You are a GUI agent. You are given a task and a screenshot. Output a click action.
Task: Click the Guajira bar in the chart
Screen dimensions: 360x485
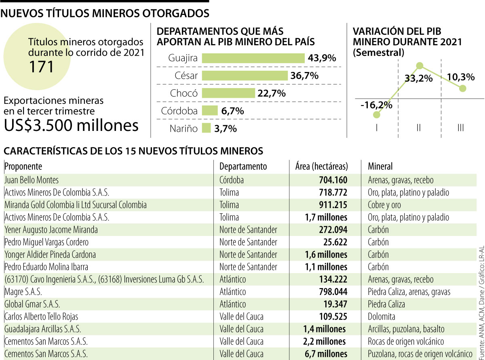[x=253, y=58]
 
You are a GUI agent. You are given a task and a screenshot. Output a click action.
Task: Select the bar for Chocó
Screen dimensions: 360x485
[x=228, y=93]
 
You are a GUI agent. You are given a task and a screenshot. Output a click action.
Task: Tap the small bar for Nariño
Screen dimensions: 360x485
[x=206, y=128]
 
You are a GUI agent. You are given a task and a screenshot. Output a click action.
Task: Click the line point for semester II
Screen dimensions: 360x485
[x=420, y=65]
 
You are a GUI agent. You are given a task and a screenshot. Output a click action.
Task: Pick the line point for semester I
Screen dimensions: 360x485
[x=377, y=115]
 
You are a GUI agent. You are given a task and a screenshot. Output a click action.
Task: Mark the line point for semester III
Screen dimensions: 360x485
[x=463, y=88]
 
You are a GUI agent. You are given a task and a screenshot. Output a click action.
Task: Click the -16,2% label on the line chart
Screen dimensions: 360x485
[x=376, y=105]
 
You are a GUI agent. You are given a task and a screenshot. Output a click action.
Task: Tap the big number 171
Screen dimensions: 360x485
[x=41, y=66]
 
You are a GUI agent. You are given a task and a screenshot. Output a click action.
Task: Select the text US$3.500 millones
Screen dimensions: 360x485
[x=71, y=126]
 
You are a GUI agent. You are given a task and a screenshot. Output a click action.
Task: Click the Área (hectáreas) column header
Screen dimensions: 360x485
[x=321, y=166]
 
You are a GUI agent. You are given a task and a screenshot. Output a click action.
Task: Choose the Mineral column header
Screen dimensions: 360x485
[x=380, y=166]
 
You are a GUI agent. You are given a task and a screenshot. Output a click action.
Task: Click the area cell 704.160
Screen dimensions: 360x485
[x=331, y=180]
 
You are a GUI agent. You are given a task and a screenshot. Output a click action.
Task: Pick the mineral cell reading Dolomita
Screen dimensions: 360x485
[x=382, y=316]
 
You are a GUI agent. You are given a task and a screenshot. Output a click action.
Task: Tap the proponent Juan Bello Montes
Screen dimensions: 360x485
[x=32, y=180]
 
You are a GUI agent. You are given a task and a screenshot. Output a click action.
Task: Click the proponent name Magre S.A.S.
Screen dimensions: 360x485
[x=23, y=292]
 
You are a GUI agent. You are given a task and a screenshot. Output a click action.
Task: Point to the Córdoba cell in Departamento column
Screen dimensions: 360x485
[x=232, y=180]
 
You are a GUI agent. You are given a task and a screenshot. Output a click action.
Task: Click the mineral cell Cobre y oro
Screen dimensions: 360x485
[x=384, y=205]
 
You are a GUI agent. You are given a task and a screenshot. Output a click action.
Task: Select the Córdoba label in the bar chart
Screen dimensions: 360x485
[x=179, y=111]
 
